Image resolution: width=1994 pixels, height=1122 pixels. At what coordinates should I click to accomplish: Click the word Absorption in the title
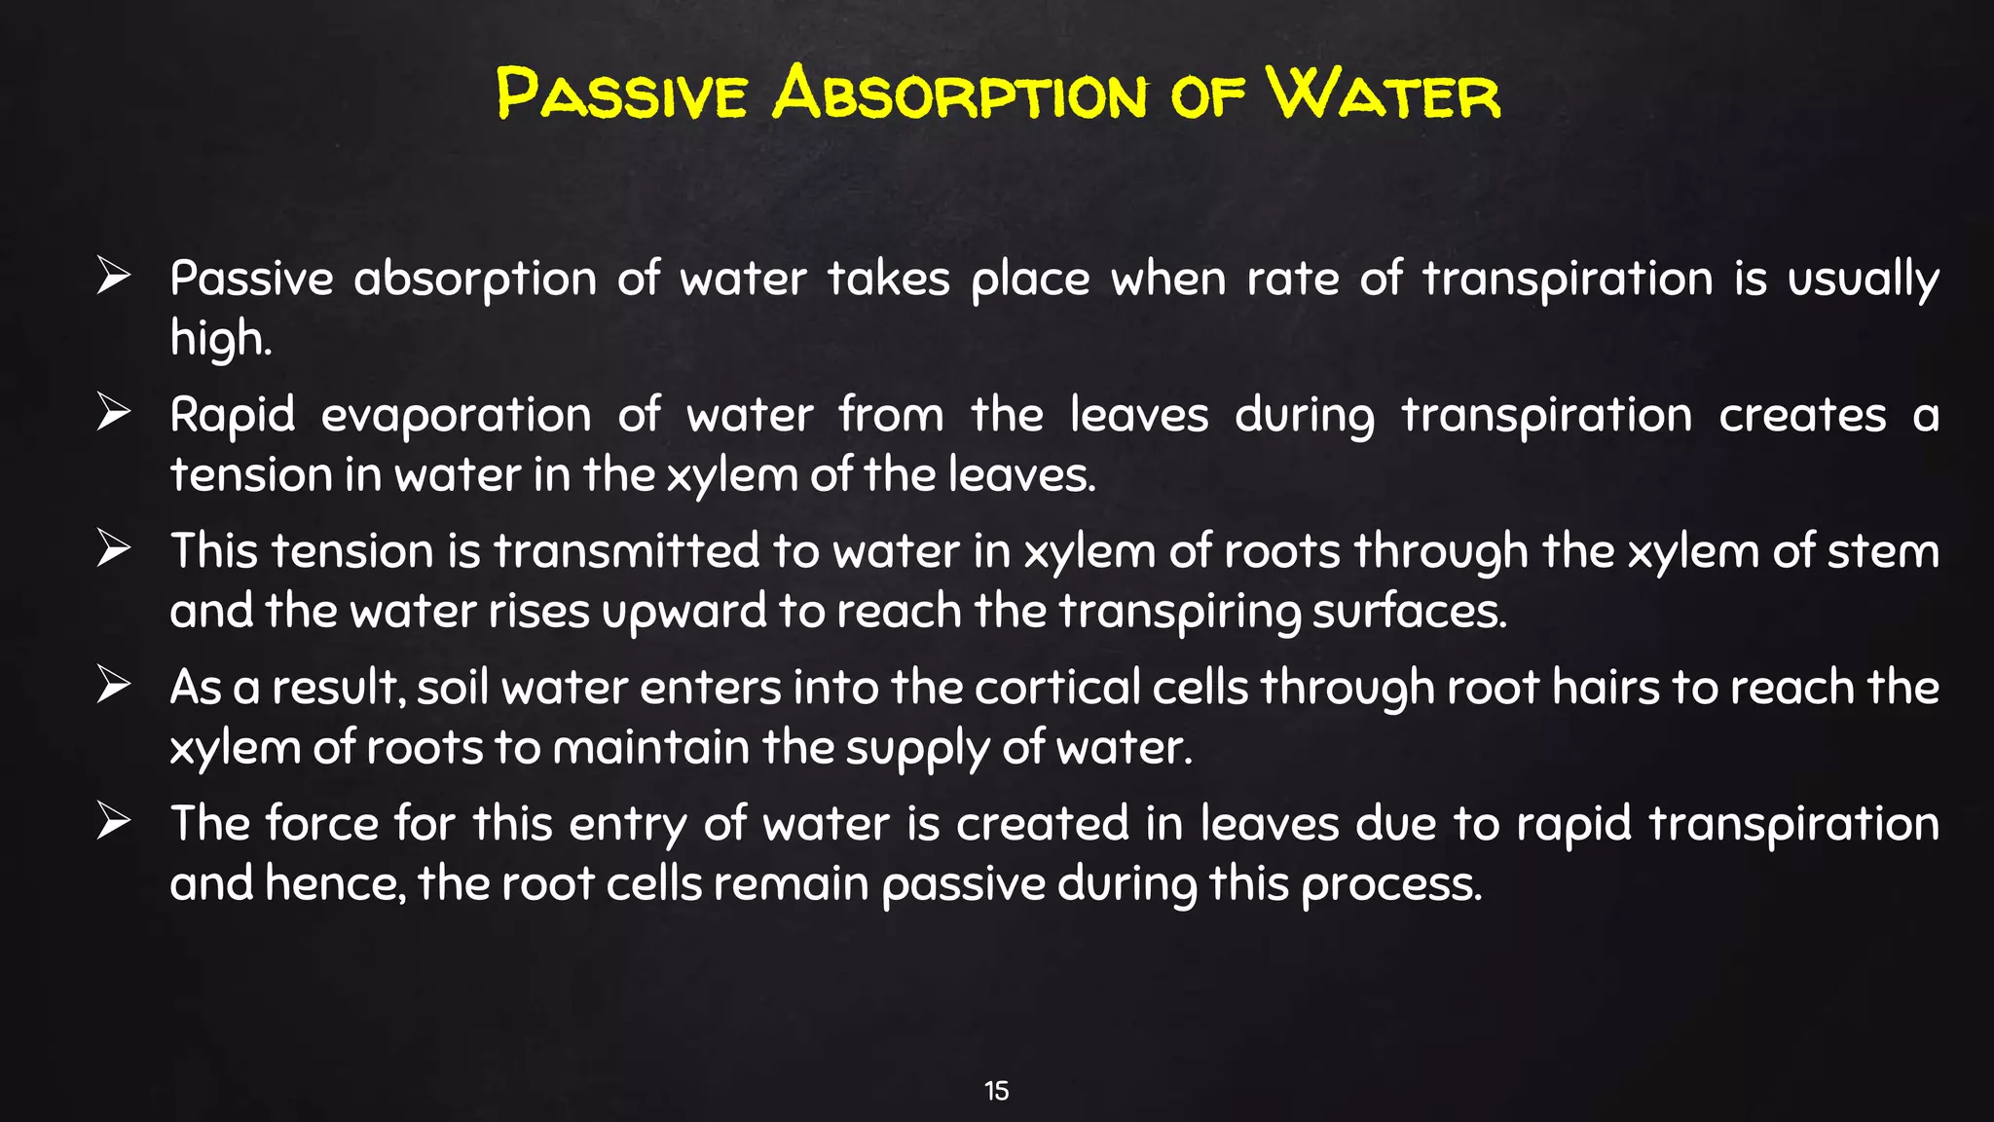pyautogui.click(x=960, y=95)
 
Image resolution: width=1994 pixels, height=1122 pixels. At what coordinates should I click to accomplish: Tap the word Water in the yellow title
pyautogui.click(x=1383, y=95)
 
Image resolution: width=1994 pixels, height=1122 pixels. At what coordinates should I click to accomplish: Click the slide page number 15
pyautogui.click(x=996, y=1091)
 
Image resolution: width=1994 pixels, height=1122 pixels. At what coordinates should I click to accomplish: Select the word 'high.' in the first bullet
pyautogui.click(x=220, y=339)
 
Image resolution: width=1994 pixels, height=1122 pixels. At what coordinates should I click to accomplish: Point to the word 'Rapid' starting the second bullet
pyautogui.click(x=232, y=417)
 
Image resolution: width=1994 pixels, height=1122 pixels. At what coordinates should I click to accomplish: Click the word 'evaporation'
pyautogui.click(x=456, y=417)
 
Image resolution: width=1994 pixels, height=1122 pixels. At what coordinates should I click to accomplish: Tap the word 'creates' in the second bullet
pyautogui.click(x=1802, y=417)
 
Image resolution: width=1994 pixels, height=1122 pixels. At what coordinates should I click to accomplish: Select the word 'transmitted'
pyautogui.click(x=626, y=551)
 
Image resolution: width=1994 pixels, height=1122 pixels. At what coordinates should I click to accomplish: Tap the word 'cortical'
pyautogui.click(x=1057, y=688)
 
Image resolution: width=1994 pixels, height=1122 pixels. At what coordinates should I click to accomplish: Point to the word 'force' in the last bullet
pyautogui.click(x=321, y=824)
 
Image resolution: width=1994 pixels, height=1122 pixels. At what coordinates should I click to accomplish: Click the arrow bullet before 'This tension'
pyautogui.click(x=113, y=549)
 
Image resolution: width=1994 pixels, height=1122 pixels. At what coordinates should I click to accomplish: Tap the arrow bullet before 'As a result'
pyautogui.click(x=113, y=686)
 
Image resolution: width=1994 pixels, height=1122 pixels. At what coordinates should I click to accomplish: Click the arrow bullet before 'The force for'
pyautogui.click(x=113, y=822)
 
